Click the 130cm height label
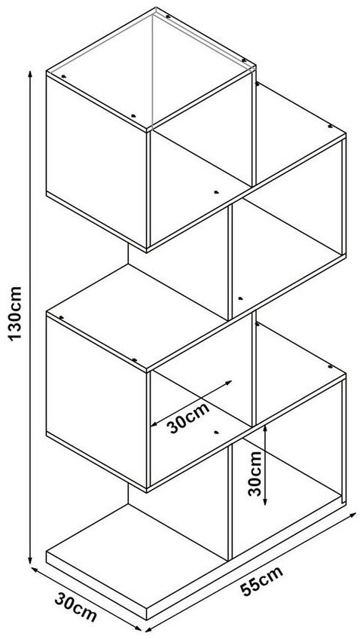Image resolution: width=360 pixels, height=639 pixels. click(15, 313)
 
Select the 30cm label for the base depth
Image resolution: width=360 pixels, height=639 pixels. click(76, 607)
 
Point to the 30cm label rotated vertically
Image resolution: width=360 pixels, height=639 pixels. click(255, 472)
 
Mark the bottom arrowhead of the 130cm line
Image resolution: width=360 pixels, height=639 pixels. click(29, 561)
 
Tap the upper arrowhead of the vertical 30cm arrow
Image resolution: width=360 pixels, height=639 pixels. click(265, 428)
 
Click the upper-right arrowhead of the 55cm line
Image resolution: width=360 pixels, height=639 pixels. click(352, 515)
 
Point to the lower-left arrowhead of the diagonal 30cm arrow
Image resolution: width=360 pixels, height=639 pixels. click(154, 424)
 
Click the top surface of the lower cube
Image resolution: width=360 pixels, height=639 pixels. click(136, 316)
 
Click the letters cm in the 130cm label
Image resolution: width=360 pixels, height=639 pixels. click(15, 298)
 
